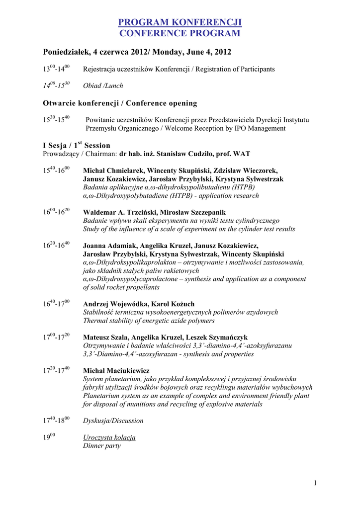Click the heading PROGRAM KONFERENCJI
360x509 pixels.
point(180,22)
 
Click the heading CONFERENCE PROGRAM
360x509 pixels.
point(180,33)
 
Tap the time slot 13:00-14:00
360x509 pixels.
point(56,69)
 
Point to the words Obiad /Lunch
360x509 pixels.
point(103,85)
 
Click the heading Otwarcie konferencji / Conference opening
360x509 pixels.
point(120,103)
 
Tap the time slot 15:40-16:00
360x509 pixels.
point(56,170)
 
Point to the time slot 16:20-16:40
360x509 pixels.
point(56,245)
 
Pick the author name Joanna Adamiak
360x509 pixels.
point(109,246)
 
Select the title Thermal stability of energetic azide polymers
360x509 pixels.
point(149,321)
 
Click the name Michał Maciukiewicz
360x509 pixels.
point(116,370)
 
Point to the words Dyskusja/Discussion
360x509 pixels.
point(113,421)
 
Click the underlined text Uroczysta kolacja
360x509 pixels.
point(109,437)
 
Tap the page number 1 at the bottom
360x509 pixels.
point(316,483)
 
